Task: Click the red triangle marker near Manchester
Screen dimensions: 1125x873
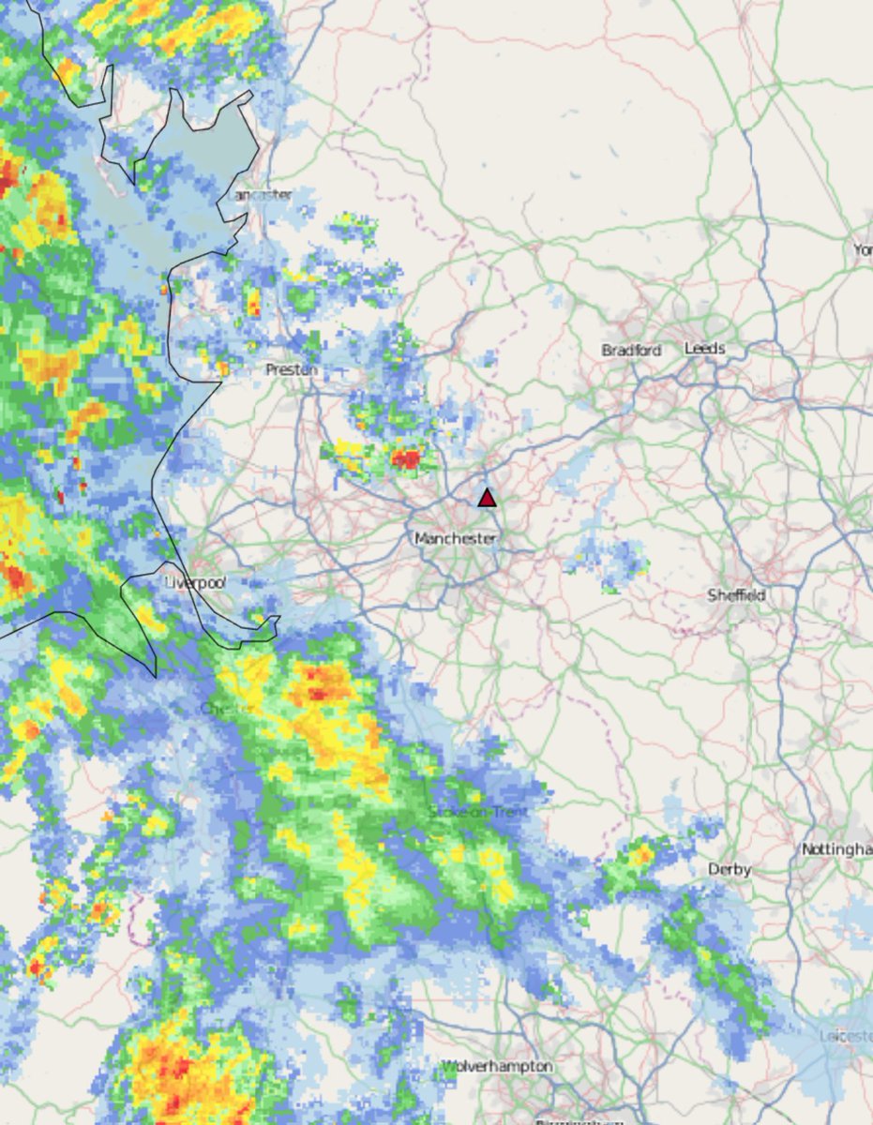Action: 487,497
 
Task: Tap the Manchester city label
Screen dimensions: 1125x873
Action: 455,539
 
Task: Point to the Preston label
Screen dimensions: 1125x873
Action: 292,370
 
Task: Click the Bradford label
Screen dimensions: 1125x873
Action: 631,350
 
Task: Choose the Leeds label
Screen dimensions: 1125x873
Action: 704,348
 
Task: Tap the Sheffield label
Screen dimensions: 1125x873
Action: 736,595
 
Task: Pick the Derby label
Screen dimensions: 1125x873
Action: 730,870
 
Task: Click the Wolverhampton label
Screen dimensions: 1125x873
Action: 497,1067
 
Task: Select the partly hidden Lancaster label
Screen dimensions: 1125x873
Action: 262,195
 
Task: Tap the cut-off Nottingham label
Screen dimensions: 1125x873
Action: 837,849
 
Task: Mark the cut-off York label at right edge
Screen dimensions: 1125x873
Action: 863,249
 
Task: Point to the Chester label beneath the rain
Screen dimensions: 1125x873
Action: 225,708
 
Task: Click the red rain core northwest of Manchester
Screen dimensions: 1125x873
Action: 407,458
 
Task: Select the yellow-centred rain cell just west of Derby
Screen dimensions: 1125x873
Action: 640,854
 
